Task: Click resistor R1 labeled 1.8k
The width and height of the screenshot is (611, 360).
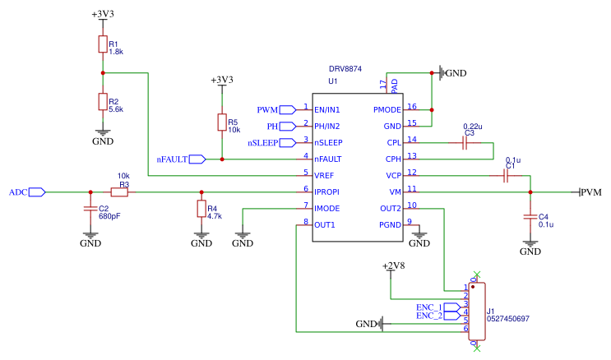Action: point(103,44)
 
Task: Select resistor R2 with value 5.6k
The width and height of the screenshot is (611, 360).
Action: point(103,101)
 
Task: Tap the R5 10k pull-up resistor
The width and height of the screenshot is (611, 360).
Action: point(221,122)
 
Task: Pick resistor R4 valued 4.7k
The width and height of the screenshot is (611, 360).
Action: point(201,209)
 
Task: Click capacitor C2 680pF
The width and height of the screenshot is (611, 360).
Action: point(90,210)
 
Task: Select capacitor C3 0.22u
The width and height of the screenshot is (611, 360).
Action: point(465,142)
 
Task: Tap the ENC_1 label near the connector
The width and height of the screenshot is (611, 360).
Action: point(428,307)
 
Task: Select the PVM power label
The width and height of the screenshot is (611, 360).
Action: point(591,192)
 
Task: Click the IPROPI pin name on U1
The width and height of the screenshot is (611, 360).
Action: point(328,192)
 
